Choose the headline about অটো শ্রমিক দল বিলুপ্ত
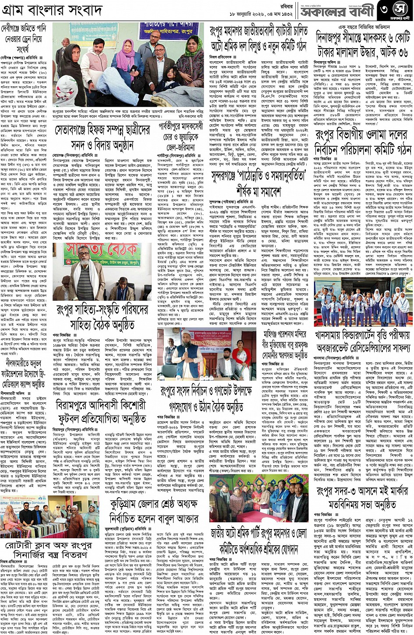(258, 39)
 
